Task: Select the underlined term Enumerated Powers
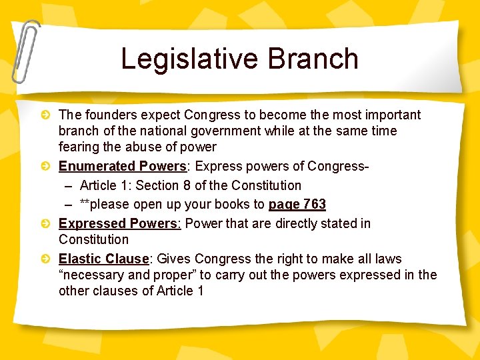point(122,166)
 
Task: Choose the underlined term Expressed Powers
point(119,223)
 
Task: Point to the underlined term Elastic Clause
point(103,259)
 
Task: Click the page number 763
point(313,204)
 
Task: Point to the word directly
point(282,223)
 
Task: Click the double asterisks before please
point(85,204)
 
